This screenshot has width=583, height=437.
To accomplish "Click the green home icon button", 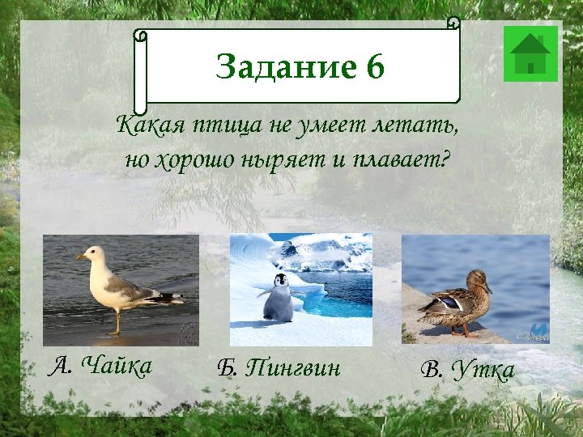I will tap(530, 53).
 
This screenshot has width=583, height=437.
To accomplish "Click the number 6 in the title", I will tap(374, 67).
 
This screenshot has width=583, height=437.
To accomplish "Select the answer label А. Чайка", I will tap(100, 367).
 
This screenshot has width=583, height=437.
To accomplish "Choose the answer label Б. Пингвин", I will tap(279, 368).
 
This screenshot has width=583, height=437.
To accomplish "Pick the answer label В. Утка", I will tap(467, 370).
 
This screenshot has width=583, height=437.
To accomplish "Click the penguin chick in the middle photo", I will tap(279, 299).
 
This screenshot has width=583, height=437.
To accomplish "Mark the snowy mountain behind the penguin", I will tap(324, 251).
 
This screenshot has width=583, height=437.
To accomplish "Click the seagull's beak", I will tap(80, 257).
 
